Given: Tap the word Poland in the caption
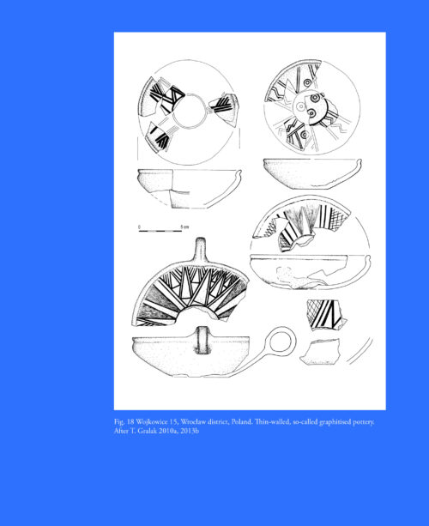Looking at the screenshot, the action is pos(241,421).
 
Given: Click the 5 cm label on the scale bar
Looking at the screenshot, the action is pos(184,227).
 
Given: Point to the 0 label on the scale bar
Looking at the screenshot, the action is pos(139,227).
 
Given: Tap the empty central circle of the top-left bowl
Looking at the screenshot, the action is pos(190,111).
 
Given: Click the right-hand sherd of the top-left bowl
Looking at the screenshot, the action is pos(224,109).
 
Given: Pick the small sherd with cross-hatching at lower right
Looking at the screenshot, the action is pos(325,315).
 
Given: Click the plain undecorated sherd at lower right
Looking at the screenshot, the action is pos(320,352).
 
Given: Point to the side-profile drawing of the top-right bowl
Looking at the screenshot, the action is pos(312,173).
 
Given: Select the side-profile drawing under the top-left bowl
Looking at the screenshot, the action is pos(190,188).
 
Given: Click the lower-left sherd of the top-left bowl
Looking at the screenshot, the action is pos(158,136).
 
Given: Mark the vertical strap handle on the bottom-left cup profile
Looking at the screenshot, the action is pos(202,340).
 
